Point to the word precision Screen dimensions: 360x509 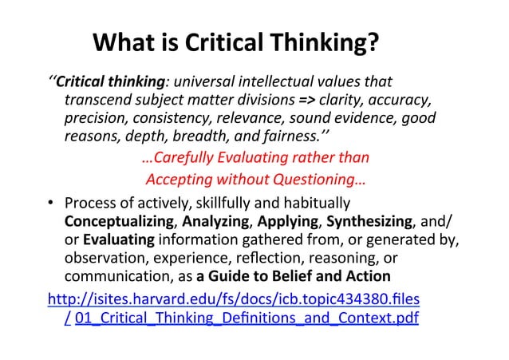[95, 119]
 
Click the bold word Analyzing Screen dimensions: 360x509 [220, 219]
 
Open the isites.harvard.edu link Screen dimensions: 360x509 [235, 299]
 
